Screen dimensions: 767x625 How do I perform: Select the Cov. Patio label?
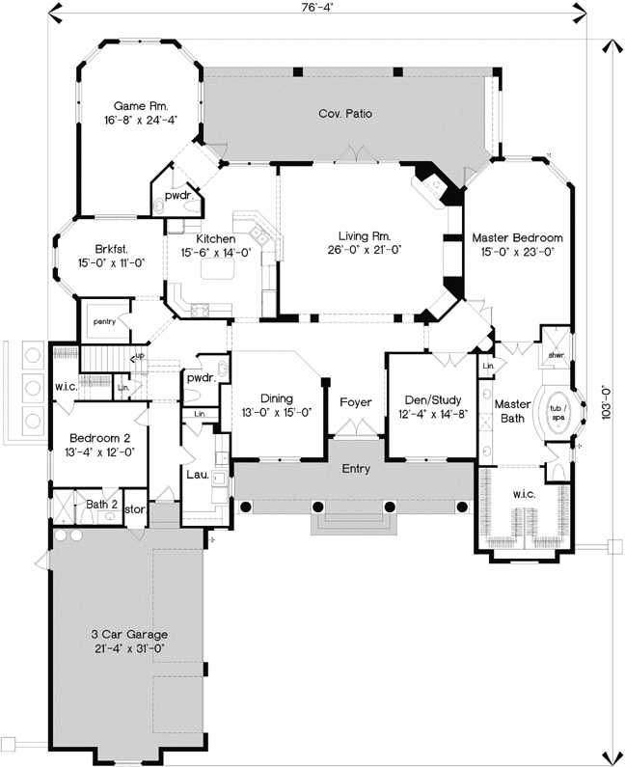345,114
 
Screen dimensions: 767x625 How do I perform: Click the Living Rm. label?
364,236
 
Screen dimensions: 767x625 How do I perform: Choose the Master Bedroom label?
517,236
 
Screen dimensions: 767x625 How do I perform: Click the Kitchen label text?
216,239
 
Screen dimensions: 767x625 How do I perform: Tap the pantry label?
104,321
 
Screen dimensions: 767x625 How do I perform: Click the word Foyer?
356,401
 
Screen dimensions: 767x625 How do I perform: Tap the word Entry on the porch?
357,469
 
